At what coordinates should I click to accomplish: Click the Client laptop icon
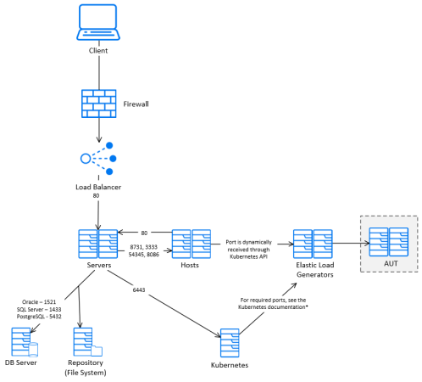coord(98,23)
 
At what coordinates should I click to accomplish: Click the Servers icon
coord(98,243)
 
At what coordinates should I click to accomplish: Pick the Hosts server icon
coord(191,243)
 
